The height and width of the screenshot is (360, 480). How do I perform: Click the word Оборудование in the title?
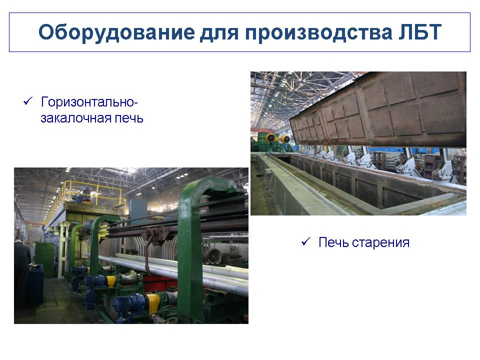pyautogui.click(x=116, y=32)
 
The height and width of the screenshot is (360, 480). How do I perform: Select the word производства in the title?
pyautogui.click(x=318, y=32)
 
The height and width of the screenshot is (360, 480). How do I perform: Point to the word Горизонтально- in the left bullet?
pyautogui.click(x=89, y=102)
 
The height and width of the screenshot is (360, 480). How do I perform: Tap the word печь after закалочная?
pyautogui.click(x=128, y=118)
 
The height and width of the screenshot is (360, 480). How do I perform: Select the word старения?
pyautogui.click(x=380, y=243)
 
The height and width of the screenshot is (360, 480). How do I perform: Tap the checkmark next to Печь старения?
pyautogui.click(x=306, y=241)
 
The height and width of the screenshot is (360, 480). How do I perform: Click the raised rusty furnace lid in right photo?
pyautogui.click(x=378, y=109)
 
